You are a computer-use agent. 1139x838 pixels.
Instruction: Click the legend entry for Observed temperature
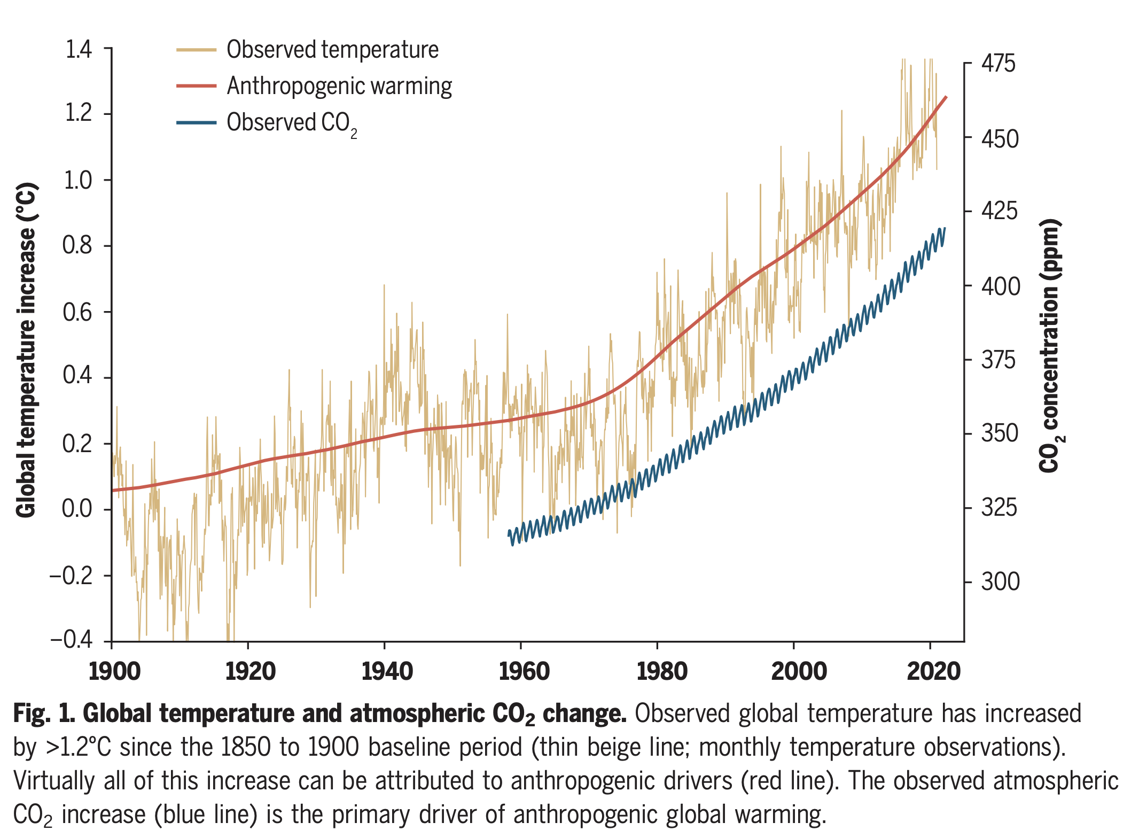pos(332,50)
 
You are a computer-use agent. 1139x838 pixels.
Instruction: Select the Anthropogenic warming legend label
pos(339,86)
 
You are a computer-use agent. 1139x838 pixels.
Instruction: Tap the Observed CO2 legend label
pos(291,123)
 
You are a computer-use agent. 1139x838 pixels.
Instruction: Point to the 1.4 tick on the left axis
pos(79,49)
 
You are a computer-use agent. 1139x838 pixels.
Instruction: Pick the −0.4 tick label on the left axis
pos(72,640)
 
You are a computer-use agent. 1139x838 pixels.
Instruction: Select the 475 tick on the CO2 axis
pos(998,64)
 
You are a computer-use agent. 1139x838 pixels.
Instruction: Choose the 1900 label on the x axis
pos(114,671)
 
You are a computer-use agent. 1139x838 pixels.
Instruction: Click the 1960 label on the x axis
pos(524,671)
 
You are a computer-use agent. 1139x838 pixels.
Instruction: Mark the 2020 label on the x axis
pos(933,671)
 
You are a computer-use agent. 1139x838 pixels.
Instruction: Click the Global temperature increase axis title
pos(26,351)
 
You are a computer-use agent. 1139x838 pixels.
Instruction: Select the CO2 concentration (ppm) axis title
pos(1050,345)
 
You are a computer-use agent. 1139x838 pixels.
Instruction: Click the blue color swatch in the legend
pos(196,123)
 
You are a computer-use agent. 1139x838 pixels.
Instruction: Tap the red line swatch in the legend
pos(196,86)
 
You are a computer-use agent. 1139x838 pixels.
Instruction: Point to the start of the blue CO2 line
pos(509,534)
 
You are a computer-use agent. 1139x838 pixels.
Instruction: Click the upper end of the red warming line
pos(946,97)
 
